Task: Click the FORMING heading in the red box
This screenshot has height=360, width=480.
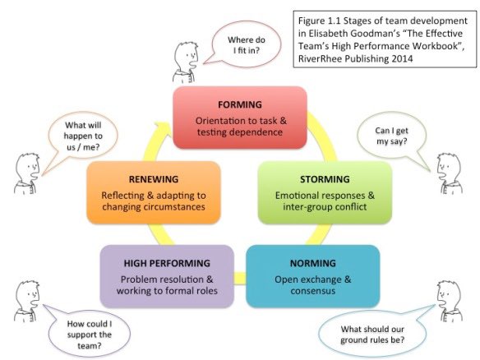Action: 240,104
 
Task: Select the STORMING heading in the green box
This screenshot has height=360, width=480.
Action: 325,179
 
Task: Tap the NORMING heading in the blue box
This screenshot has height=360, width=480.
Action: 313,263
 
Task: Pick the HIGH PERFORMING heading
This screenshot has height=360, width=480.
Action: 167,263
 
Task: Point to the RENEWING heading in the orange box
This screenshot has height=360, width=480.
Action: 154,179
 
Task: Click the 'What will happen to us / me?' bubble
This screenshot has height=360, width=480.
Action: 82,136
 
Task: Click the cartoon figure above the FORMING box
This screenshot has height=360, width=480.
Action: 186,62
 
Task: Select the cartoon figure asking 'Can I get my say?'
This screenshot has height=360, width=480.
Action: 450,173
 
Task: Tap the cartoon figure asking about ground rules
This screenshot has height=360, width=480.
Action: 450,301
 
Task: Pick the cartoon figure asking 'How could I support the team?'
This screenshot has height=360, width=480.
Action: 27,301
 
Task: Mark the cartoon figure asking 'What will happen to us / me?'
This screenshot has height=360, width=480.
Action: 27,173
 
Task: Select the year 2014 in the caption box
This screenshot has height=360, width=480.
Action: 402,58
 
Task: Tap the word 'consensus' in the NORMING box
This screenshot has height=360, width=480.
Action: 313,291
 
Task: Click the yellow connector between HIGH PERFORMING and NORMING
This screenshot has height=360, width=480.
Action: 240,278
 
